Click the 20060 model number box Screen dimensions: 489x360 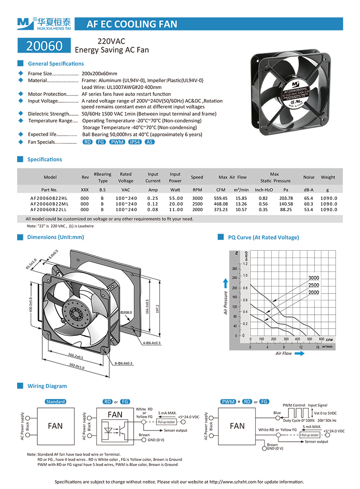(44, 45)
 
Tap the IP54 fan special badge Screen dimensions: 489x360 (135, 142)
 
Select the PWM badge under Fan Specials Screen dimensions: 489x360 (117, 142)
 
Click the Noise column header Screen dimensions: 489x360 (309, 177)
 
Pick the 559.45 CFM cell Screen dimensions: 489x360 (220, 198)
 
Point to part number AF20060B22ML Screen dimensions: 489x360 (49, 204)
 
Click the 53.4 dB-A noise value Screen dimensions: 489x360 (309, 209)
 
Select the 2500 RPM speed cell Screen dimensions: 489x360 (197, 204)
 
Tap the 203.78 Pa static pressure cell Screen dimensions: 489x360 (286, 198)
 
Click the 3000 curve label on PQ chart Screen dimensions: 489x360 (314, 278)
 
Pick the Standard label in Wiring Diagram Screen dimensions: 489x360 (55, 401)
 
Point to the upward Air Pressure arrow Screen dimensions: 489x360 (225, 283)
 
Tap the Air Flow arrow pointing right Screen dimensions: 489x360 (299, 353)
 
